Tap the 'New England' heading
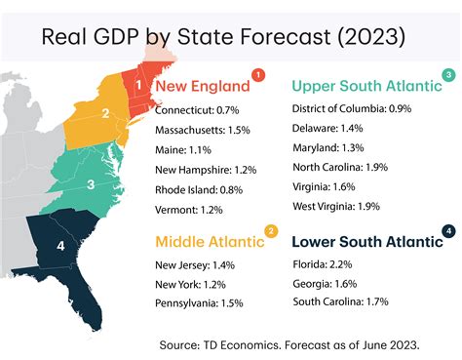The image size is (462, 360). (x=201, y=86)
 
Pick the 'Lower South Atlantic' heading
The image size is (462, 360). (x=364, y=242)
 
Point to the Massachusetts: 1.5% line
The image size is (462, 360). (x=203, y=130)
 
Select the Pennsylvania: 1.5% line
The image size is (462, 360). (x=199, y=303)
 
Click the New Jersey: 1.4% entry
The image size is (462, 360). (x=194, y=264)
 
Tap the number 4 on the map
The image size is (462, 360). (x=60, y=247)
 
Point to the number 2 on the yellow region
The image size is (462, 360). (x=105, y=114)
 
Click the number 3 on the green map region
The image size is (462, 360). (x=91, y=183)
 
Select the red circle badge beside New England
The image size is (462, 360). (x=257, y=74)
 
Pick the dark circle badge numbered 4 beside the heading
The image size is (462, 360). (x=446, y=231)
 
